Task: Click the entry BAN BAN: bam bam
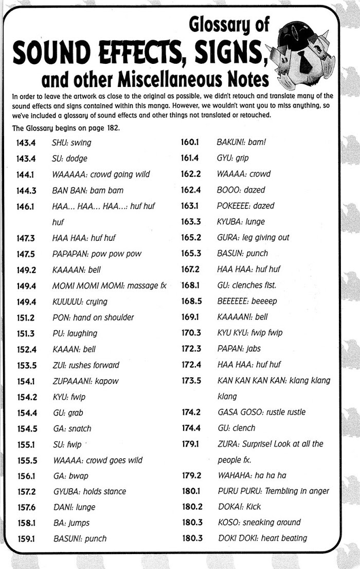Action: point(88,190)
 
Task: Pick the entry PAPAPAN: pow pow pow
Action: point(97,254)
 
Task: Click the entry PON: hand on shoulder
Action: point(93,317)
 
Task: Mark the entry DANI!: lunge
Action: point(74,507)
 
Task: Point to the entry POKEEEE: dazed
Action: point(245,206)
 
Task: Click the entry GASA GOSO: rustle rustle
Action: point(261,412)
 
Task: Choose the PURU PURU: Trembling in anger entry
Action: point(273,491)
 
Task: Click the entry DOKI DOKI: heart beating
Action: point(262,538)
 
